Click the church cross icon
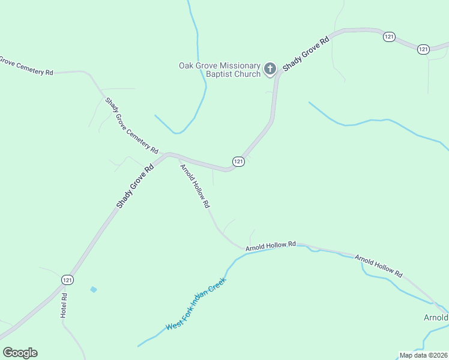[x=270, y=69]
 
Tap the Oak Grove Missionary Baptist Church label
[x=220, y=70]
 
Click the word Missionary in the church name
[x=241, y=65]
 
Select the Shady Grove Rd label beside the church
[x=306, y=55]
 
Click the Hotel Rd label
[x=64, y=305]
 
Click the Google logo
[x=20, y=353]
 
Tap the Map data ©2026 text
[x=423, y=355]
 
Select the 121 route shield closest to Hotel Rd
[x=67, y=280]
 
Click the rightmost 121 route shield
[x=423, y=49]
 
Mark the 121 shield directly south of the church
[x=238, y=162]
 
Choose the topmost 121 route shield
[x=389, y=37]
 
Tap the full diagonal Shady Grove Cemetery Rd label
[x=131, y=125]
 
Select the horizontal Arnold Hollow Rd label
[x=271, y=245]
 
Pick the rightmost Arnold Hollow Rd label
[x=378, y=265]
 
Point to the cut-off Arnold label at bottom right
[x=436, y=317]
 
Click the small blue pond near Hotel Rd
[x=93, y=290]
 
